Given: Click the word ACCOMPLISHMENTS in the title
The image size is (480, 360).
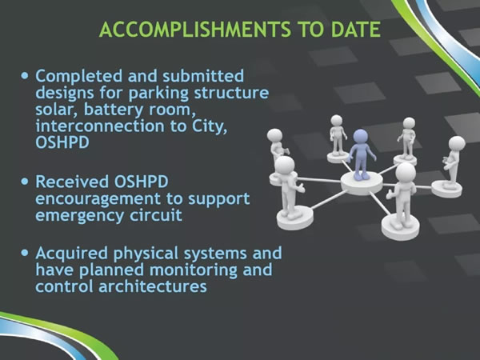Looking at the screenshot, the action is [195, 30].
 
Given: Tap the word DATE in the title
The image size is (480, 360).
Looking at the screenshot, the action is [356, 30].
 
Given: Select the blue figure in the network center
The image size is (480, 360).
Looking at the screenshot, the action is [362, 154].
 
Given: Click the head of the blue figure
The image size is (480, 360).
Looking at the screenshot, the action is [360, 136].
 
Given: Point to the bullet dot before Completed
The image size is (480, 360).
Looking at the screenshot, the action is [25, 75].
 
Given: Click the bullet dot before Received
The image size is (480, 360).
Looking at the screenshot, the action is [25, 182].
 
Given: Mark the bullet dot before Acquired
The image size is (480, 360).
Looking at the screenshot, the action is [25, 253].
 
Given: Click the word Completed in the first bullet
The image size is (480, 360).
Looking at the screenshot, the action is [79, 77].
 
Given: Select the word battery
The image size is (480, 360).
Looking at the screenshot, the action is [114, 110].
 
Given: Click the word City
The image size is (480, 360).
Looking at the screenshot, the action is [210, 127].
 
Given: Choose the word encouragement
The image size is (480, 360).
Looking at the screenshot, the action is [98, 199].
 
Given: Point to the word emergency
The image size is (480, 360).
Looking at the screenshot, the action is [80, 216].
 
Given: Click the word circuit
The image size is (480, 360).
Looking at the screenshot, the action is [156, 215].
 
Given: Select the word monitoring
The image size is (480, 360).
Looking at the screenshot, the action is [194, 271].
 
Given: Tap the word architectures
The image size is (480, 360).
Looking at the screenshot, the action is [153, 287].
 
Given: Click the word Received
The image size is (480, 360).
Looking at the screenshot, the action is [72, 182].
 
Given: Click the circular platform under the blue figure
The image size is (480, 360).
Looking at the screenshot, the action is [362, 183].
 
